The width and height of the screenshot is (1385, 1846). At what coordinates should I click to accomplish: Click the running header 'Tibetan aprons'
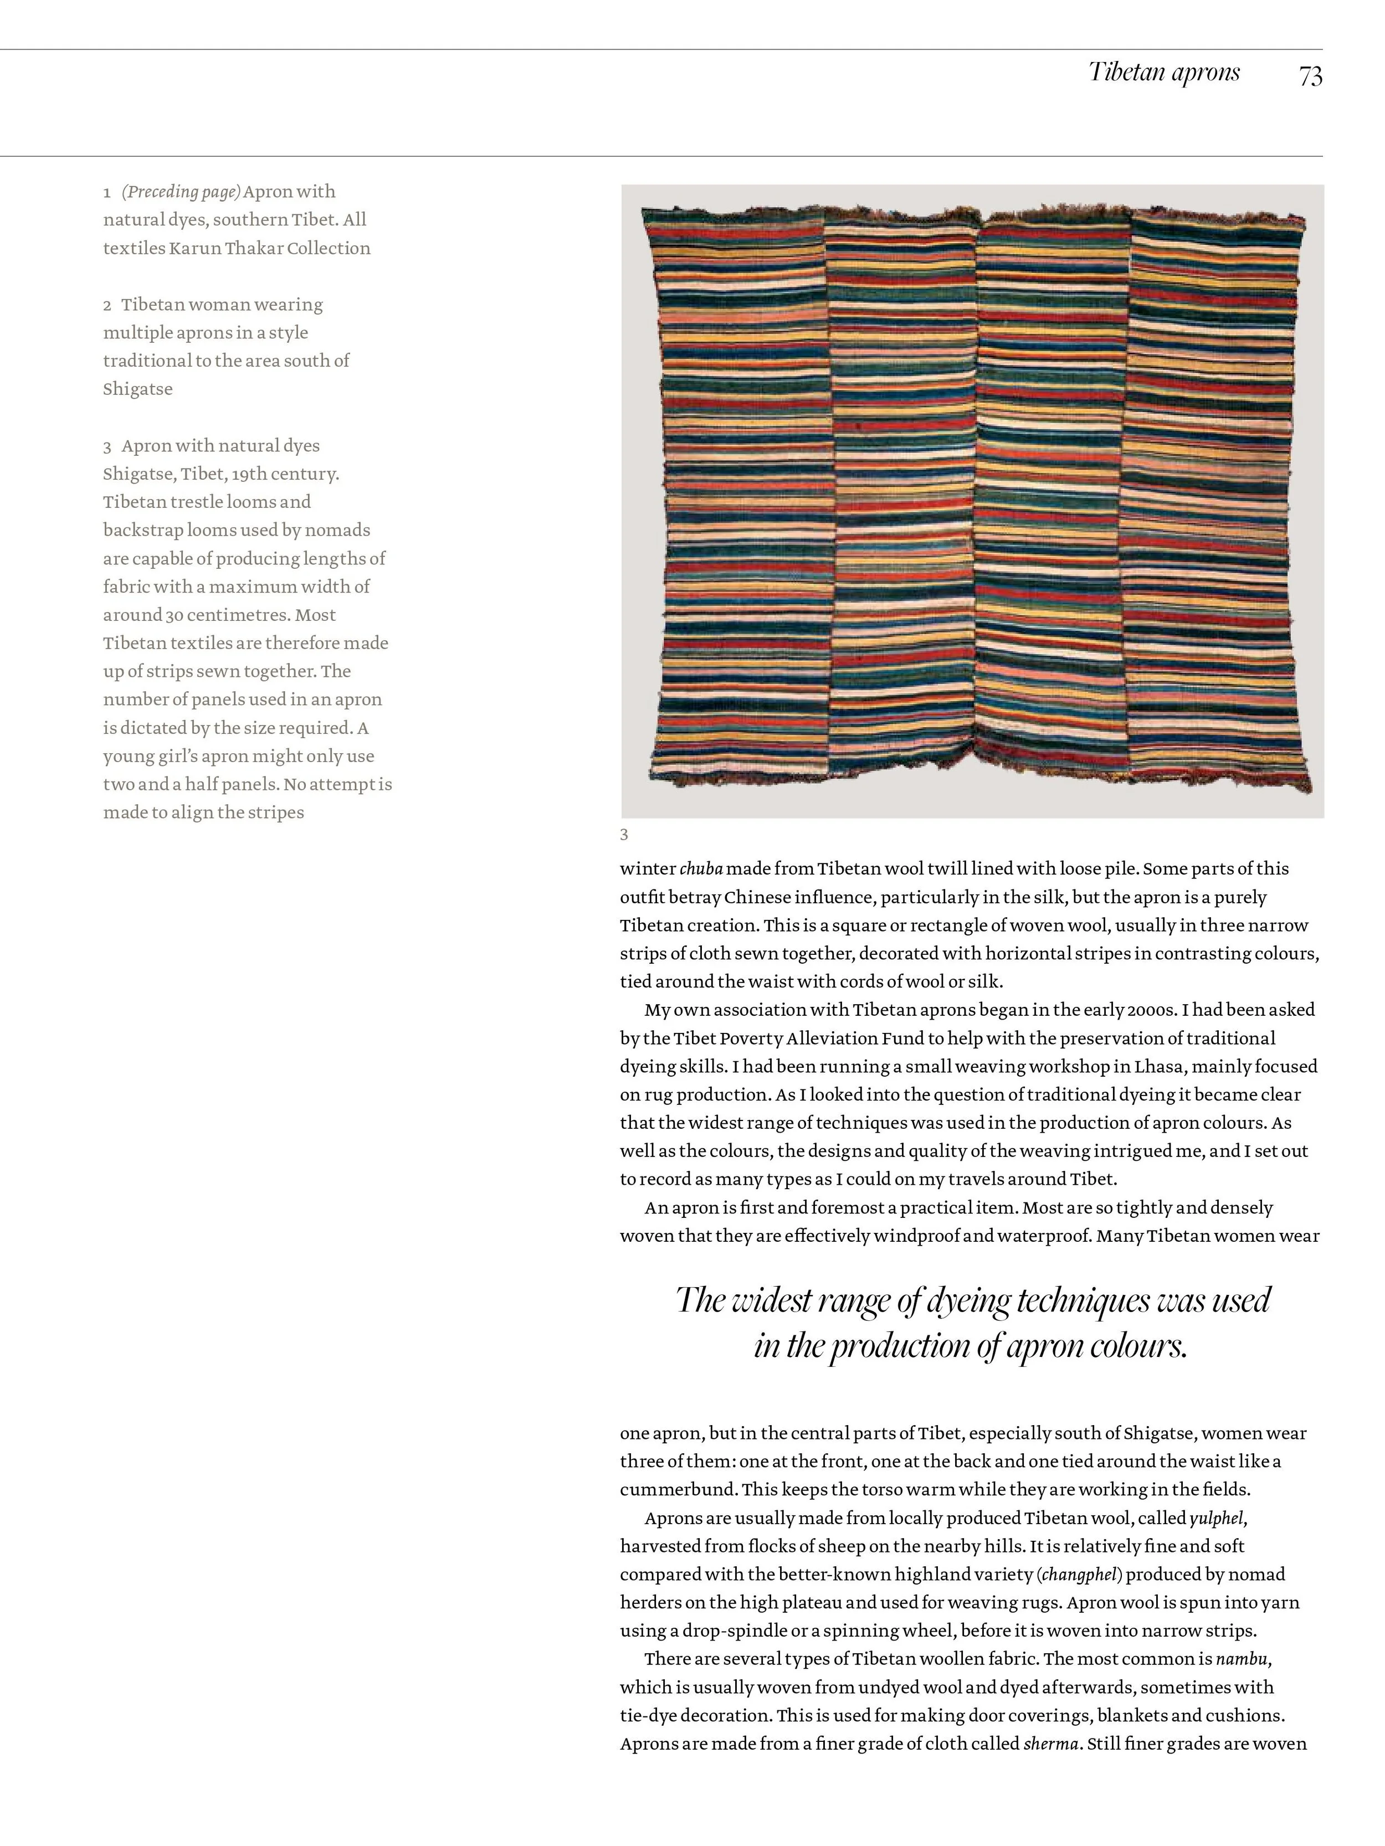1164,73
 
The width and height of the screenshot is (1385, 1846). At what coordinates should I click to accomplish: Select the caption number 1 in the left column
107,193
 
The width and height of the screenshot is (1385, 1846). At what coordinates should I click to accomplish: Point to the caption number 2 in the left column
107,305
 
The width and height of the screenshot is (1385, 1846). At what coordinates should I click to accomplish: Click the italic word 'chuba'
700,869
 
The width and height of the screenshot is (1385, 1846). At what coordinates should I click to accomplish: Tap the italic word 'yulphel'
1217,1518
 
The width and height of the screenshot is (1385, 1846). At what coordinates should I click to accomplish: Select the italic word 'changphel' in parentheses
1079,1575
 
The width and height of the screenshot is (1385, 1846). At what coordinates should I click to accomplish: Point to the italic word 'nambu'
1242,1659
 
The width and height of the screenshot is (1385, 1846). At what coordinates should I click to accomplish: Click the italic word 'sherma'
1050,1744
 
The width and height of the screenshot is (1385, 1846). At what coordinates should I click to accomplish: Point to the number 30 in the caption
173,615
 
